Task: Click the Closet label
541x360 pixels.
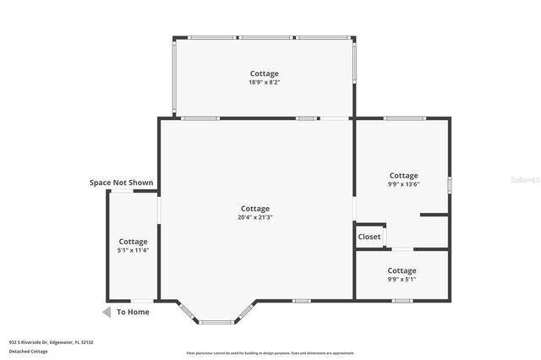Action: pyautogui.click(x=369, y=237)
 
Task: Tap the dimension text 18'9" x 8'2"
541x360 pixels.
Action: pyautogui.click(x=264, y=83)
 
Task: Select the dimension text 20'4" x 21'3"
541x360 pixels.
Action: pyautogui.click(x=255, y=217)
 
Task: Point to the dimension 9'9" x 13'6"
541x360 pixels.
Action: pyautogui.click(x=403, y=184)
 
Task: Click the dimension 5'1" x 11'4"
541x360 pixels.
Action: pyautogui.click(x=133, y=250)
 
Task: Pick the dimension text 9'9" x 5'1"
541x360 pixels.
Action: pyautogui.click(x=402, y=280)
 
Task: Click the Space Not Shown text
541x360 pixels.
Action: pyautogui.click(x=122, y=183)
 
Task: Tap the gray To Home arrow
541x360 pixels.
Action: pyautogui.click(x=107, y=312)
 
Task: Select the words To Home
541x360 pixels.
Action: pyautogui.click(x=133, y=312)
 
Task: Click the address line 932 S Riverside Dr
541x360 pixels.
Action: pyautogui.click(x=51, y=342)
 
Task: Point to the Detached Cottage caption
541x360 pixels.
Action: pyautogui.click(x=28, y=351)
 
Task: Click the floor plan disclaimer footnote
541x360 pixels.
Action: pyautogui.click(x=270, y=353)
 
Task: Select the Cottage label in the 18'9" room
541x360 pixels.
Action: pyautogui.click(x=264, y=74)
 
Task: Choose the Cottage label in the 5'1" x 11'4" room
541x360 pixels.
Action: pyautogui.click(x=133, y=242)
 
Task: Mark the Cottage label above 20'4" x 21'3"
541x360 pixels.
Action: pyautogui.click(x=255, y=209)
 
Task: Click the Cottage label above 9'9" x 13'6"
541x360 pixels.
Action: pyautogui.click(x=403, y=176)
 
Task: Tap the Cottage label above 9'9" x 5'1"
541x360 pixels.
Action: pyautogui.click(x=402, y=271)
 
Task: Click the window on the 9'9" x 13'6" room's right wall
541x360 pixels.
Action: pyautogui.click(x=450, y=184)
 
